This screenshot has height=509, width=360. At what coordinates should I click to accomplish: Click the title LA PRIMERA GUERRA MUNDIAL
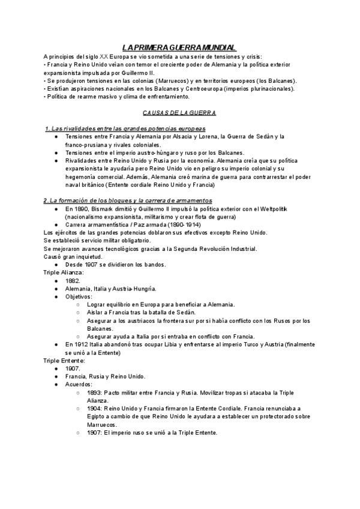click(179, 47)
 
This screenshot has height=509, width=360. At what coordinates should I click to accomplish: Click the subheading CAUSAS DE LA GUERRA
click(179, 112)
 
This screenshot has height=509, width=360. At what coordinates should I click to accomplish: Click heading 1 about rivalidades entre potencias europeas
click(125, 128)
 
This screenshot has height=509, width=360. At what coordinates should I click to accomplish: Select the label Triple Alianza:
click(64, 272)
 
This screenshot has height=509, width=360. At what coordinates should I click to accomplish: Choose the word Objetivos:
click(79, 296)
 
